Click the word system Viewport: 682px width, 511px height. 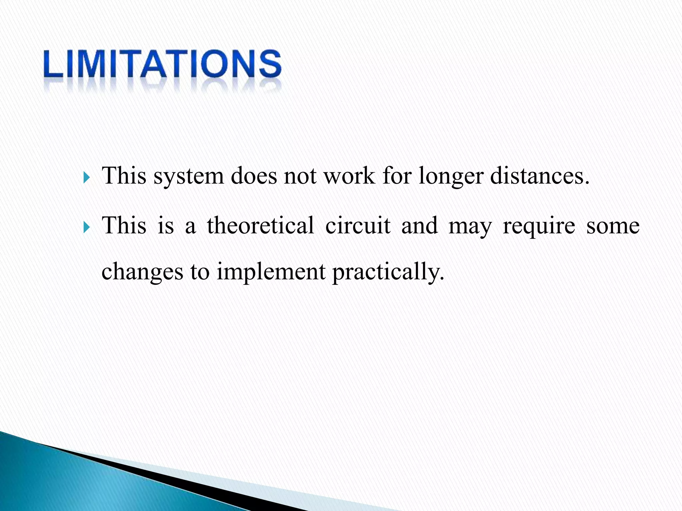pyautogui.click(x=188, y=176)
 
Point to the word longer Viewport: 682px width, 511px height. pyautogui.click(x=451, y=176)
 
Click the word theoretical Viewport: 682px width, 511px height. pyautogui.click(x=260, y=225)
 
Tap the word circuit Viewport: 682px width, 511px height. pyautogui.click(x=358, y=225)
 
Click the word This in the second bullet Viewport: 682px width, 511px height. pyautogui.click(x=124, y=225)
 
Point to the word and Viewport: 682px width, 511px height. pyautogui.click(x=419, y=225)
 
